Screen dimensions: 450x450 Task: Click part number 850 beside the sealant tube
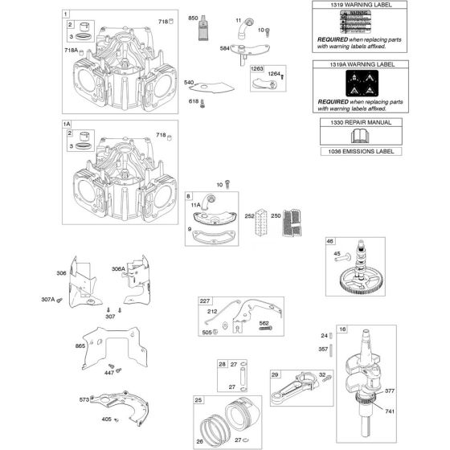(192, 18)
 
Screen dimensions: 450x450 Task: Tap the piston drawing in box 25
(236, 419)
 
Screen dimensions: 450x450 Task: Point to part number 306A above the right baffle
(118, 270)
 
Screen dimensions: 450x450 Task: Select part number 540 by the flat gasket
(189, 82)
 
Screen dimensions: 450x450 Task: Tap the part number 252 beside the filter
(250, 215)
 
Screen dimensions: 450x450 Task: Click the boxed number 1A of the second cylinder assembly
(67, 125)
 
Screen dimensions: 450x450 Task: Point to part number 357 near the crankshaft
(324, 350)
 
